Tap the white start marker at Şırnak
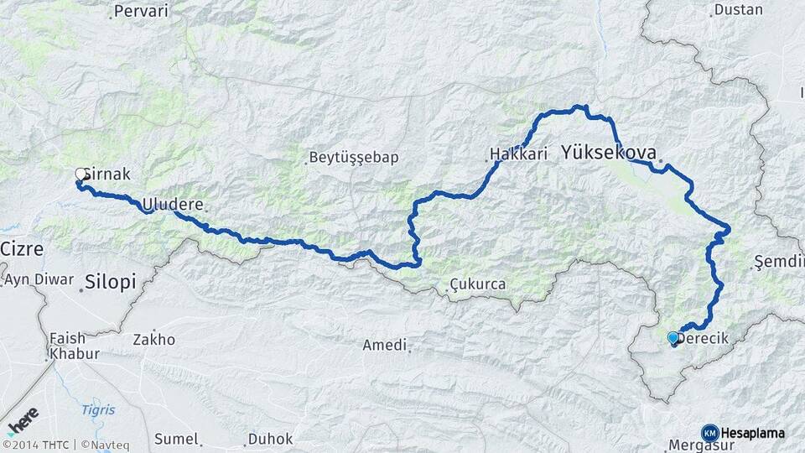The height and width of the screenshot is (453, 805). coord(81,174)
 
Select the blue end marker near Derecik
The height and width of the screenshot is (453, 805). coord(673,338)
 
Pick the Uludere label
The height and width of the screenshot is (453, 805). coord(173,204)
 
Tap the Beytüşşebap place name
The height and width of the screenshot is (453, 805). coord(353,157)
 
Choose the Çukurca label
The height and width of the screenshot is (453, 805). coord(477,284)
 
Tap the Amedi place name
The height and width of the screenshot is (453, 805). coord(384,345)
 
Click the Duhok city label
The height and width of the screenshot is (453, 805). coord(270,439)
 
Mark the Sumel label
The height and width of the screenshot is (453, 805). coord(175,439)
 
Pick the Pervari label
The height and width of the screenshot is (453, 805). coord(140,11)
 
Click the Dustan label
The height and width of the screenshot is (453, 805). coord(738,10)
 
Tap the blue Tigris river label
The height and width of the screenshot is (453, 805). coord(98,409)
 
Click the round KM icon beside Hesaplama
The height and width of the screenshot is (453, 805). coord(710,433)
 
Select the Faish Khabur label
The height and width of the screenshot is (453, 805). coord(67,345)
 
